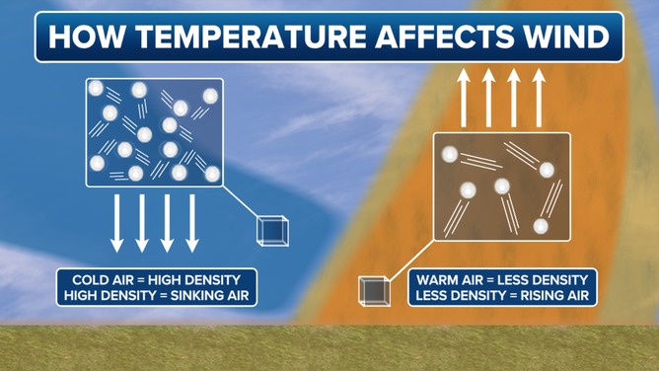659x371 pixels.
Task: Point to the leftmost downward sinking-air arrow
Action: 116,222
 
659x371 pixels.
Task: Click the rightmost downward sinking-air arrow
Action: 192,222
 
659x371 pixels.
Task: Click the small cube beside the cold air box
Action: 272,229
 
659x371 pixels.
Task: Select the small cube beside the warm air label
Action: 373,291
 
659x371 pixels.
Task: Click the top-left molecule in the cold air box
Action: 97,89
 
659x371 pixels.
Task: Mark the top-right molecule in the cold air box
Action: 210,97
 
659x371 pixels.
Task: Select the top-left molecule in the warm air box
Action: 450,155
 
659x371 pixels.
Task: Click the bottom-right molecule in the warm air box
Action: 541,226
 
